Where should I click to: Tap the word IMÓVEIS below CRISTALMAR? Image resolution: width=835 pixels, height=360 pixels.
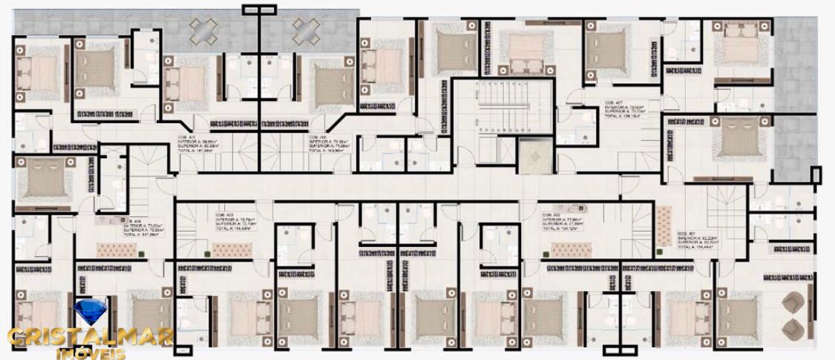[x=91, y=353]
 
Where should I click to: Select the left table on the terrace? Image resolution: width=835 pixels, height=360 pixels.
[x=203, y=31]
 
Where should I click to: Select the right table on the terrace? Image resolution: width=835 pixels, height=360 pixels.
[x=305, y=31]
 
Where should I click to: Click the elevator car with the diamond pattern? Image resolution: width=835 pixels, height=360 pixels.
[x=533, y=156]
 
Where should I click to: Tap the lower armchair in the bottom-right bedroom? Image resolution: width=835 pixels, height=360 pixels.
[x=793, y=327]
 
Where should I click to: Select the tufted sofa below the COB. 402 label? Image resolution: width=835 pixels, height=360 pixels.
[x=569, y=249]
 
